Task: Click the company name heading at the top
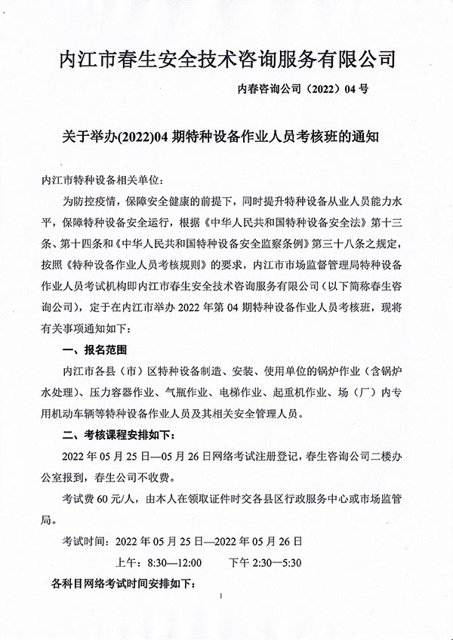coord(226,59)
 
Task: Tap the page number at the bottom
coord(220,597)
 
